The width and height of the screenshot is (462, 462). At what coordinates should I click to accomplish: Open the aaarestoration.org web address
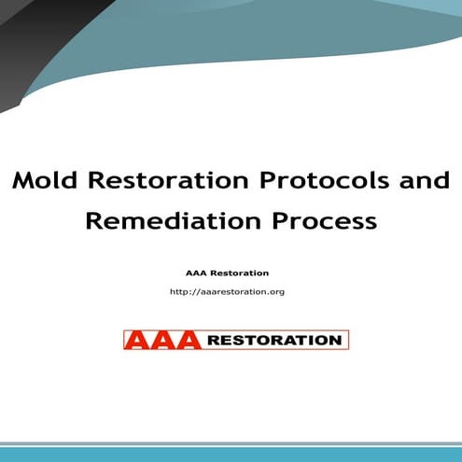coord(228,292)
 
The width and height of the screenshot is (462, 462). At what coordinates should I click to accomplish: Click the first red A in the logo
coord(137,340)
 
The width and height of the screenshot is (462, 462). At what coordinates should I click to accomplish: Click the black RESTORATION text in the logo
coord(273,341)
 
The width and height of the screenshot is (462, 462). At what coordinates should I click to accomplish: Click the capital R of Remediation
coord(94,222)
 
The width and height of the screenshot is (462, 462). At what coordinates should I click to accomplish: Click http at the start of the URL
coord(179,292)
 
